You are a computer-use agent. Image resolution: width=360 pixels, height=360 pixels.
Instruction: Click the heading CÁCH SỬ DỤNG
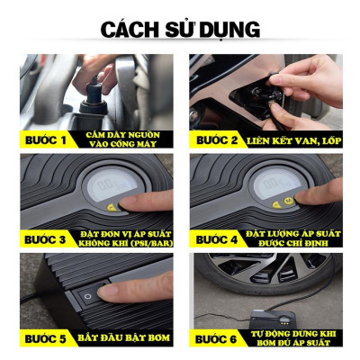[179, 30]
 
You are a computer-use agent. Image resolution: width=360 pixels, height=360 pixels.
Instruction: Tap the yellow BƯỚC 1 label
[45, 139]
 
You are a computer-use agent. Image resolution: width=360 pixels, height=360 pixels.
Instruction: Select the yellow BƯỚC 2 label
[216, 139]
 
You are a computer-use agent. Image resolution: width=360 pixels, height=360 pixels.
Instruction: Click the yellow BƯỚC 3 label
[45, 239]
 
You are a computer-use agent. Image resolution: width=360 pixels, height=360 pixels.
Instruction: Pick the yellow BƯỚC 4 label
[216, 239]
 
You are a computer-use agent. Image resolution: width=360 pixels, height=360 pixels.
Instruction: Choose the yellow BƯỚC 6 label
[216, 338]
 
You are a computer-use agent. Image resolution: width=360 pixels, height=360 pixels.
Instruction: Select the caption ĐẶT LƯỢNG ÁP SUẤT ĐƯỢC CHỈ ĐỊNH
[292, 238]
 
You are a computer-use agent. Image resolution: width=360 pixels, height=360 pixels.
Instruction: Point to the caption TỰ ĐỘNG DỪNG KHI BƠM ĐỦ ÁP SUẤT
[292, 338]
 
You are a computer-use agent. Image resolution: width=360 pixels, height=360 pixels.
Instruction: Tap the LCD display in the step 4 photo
[274, 186]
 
